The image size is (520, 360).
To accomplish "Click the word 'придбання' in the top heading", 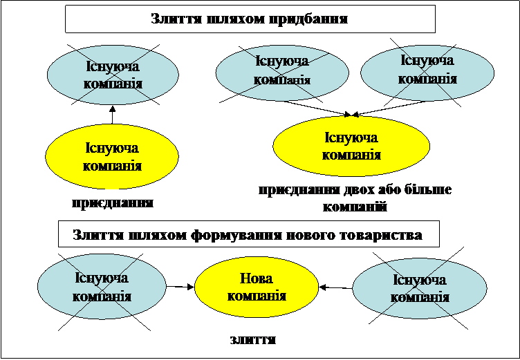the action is click(x=308, y=19).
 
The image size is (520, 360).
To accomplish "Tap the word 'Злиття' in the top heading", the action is click(x=176, y=19).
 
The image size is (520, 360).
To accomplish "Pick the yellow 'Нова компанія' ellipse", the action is click(x=257, y=287).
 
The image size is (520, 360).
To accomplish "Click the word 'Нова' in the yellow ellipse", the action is click(x=257, y=278).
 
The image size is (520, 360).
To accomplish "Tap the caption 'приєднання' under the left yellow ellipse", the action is click(x=113, y=203).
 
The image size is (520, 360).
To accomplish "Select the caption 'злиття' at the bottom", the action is click(x=253, y=340).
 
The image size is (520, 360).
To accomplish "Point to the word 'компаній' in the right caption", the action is click(x=355, y=207).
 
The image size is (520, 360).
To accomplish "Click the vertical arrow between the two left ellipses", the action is click(x=112, y=115).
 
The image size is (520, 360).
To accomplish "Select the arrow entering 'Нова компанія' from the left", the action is click(x=180, y=286).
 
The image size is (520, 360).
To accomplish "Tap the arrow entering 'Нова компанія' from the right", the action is click(x=335, y=287).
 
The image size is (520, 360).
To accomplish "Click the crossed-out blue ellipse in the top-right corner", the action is click(x=427, y=73).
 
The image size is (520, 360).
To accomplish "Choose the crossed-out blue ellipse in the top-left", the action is click(x=113, y=75).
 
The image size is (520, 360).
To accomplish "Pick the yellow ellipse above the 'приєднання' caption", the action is click(x=112, y=156).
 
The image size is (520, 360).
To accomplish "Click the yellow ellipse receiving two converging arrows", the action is click(x=351, y=146).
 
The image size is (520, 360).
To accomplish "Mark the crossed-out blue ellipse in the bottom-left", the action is click(x=102, y=286).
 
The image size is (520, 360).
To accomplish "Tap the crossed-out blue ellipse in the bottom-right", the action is click(x=420, y=288).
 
